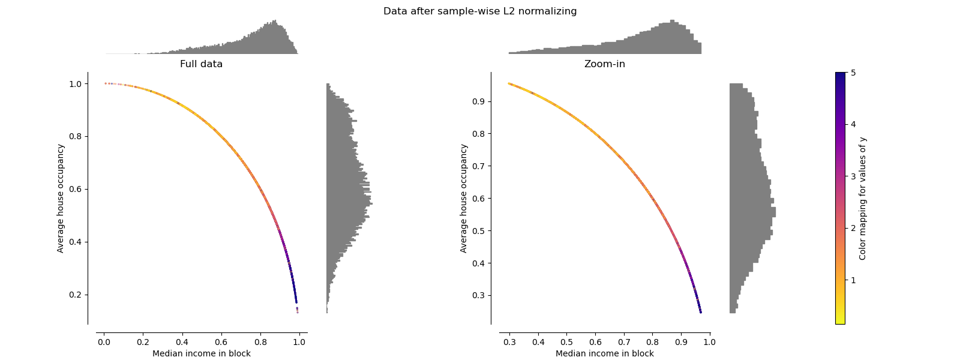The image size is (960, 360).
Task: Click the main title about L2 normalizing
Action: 480,11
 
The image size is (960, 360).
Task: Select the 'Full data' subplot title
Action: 201,64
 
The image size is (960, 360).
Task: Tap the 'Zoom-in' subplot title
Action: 604,64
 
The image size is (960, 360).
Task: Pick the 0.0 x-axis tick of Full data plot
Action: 104,342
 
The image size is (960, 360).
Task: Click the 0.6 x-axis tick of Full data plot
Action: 221,342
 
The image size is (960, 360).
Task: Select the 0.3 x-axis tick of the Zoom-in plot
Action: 509,342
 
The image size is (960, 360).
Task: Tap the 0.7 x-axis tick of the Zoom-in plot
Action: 624,342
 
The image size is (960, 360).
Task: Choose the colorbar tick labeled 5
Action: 853,73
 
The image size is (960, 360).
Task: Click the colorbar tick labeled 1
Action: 853,280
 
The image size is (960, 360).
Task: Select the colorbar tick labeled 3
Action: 853,176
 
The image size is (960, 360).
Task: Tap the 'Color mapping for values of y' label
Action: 863,198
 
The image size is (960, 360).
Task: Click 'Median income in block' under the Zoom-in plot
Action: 604,353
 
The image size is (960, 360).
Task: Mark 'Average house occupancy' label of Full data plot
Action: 61,198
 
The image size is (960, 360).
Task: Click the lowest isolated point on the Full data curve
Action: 297,312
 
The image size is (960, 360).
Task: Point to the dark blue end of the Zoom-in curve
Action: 700,311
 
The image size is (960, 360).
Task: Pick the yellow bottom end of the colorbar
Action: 840,321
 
